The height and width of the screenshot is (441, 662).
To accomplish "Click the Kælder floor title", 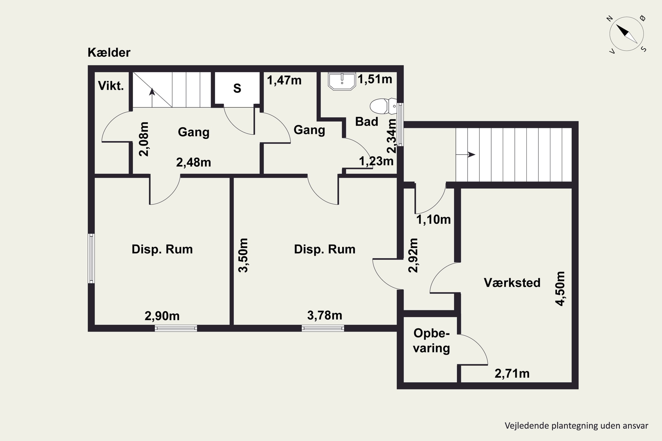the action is click(x=109, y=53).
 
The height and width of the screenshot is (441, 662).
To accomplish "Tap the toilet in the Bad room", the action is click(x=383, y=106).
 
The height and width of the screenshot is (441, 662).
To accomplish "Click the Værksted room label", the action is click(x=512, y=283).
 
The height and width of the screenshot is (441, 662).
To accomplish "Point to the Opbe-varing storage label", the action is click(x=431, y=341).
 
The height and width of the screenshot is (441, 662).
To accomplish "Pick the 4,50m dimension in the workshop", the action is click(x=560, y=289).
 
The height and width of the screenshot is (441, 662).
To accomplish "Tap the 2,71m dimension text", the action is click(x=512, y=374).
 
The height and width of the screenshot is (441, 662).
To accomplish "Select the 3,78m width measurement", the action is click(x=325, y=315).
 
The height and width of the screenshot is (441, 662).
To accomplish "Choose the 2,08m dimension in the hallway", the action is click(x=144, y=139).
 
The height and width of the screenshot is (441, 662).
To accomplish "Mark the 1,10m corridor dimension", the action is click(x=433, y=219).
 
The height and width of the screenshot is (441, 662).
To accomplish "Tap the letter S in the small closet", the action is click(x=237, y=88).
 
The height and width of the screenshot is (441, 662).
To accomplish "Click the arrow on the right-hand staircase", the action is click(x=466, y=154).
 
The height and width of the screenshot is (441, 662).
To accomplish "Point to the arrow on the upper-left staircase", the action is click(x=152, y=98).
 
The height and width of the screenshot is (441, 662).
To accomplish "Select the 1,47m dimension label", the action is click(x=284, y=80).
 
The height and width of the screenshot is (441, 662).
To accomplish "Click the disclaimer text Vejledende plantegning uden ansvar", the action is click(x=576, y=426).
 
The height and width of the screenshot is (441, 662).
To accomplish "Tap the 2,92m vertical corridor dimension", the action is click(x=413, y=255).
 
